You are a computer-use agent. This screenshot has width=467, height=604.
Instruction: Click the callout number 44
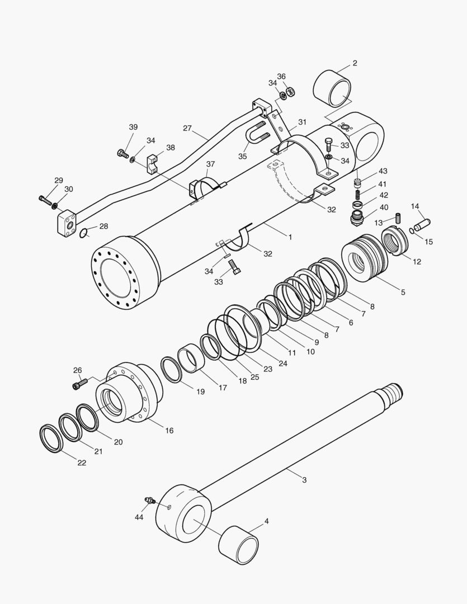tap(139, 517)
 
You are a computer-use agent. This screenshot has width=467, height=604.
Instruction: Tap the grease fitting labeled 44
tap(149, 500)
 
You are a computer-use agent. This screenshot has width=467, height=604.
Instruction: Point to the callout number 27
tap(187, 128)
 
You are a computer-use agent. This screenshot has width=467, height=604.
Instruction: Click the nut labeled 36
tap(291, 91)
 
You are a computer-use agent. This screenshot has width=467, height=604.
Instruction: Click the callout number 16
tap(169, 430)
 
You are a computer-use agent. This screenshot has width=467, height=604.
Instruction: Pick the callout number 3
tap(304, 480)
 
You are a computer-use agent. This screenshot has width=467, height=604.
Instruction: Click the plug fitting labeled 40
tap(356, 215)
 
